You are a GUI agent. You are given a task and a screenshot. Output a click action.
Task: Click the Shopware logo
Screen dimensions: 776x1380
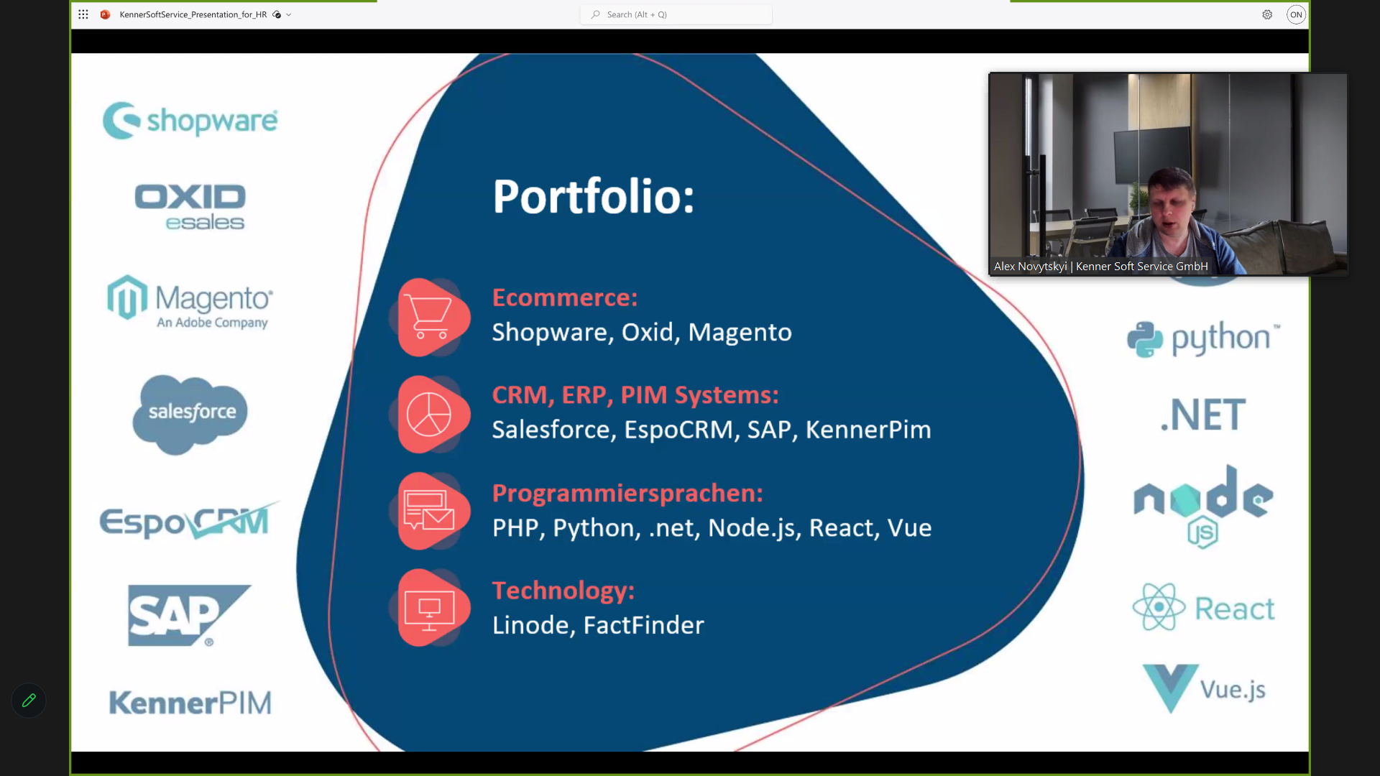tap(190, 121)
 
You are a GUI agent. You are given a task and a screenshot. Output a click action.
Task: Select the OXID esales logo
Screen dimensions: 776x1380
tap(190, 207)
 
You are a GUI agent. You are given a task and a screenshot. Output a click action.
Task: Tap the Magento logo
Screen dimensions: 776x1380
tap(190, 302)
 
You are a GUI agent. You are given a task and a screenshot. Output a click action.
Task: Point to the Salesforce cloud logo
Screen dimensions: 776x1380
tap(190, 414)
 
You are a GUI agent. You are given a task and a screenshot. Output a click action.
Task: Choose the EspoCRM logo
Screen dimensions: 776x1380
tap(188, 521)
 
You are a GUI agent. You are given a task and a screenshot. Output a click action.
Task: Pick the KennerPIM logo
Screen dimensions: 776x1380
tap(190, 703)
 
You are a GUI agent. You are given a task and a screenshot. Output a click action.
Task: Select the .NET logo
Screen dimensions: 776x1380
tap(1203, 415)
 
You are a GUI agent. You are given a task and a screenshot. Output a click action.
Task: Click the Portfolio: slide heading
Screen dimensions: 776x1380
tap(594, 196)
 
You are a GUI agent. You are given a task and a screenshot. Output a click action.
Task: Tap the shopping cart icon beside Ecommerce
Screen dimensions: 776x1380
tap(429, 317)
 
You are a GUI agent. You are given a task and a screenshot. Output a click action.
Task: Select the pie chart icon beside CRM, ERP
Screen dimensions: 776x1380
tap(429, 415)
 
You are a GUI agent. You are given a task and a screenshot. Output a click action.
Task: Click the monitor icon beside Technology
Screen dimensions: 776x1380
tap(429, 609)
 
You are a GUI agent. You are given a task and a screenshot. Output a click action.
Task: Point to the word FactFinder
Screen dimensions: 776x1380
tap(643, 625)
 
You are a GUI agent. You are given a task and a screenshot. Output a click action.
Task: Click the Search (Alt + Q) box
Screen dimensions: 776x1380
tap(676, 14)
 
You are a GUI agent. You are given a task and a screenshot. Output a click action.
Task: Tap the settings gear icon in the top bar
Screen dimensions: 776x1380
tap(1267, 14)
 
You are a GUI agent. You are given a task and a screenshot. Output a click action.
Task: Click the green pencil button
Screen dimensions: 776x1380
tap(29, 701)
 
